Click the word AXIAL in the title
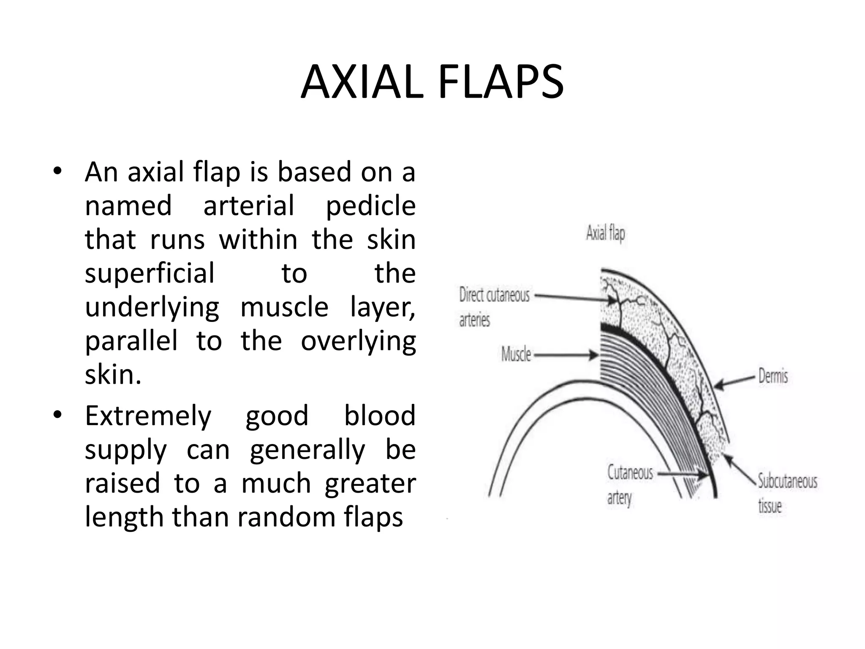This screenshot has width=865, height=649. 362,82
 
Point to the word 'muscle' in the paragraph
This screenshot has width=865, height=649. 284,307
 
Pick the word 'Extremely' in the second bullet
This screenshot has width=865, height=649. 148,417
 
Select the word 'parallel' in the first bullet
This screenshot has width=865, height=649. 131,341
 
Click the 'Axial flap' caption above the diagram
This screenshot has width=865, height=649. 605,233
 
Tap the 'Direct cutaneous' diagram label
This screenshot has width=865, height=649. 494,295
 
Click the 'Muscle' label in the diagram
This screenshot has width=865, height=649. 516,354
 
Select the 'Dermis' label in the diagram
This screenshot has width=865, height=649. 773,376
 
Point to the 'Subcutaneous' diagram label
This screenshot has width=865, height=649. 787,481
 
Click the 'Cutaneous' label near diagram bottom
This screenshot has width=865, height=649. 630,472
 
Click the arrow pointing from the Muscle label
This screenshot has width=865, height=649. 566,355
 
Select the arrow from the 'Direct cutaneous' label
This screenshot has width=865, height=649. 574,298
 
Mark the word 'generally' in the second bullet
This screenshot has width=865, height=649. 307,450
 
